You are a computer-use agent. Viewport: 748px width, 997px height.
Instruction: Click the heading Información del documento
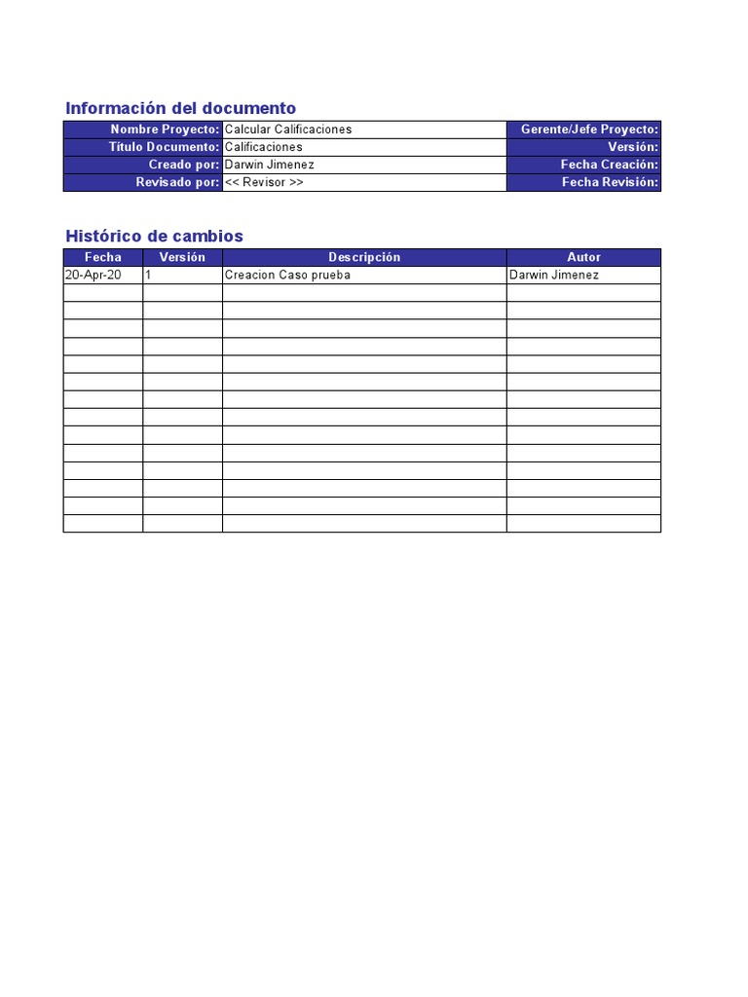click(180, 108)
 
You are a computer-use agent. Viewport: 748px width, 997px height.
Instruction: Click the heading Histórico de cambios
click(154, 236)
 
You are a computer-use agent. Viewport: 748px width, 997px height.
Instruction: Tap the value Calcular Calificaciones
click(288, 129)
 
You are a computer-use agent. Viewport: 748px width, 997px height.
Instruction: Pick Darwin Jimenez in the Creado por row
click(270, 165)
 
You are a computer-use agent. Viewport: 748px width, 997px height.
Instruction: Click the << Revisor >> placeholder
click(264, 182)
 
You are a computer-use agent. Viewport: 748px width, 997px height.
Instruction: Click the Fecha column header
click(103, 257)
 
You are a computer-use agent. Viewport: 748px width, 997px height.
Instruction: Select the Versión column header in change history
click(182, 257)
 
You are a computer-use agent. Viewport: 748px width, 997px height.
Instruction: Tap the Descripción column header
click(364, 257)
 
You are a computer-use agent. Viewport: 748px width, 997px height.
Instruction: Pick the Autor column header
click(583, 257)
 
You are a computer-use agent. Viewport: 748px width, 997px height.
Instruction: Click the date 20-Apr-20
click(93, 275)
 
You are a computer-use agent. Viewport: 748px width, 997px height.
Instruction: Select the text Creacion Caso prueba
click(287, 275)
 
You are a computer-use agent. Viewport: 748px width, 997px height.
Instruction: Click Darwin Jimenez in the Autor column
click(554, 275)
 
